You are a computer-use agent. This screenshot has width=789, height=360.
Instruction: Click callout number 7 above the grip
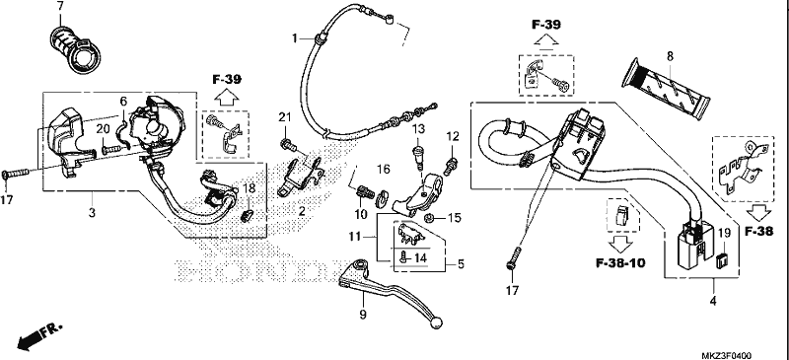(x=60, y=7)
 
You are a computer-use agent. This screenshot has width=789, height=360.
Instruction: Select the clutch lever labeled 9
(x=388, y=291)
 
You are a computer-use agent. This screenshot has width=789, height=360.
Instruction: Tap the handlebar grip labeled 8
(x=667, y=87)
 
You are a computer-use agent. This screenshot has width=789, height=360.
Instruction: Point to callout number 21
(x=285, y=117)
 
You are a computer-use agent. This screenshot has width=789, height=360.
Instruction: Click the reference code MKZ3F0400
(x=726, y=355)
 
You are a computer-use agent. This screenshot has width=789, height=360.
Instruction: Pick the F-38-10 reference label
(x=620, y=262)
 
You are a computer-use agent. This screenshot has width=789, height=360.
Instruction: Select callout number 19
(x=724, y=233)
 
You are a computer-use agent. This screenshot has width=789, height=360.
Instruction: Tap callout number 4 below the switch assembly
(x=713, y=301)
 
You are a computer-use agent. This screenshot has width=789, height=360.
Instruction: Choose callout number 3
(x=92, y=213)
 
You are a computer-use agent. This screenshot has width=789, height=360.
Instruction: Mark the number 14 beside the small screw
(x=421, y=257)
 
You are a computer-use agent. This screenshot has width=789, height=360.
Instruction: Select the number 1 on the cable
(x=296, y=38)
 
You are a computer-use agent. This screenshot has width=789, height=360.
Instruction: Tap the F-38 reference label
(x=758, y=232)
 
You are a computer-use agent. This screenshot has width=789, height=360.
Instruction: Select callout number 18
(x=250, y=188)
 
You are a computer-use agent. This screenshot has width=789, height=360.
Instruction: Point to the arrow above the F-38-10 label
(x=620, y=245)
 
